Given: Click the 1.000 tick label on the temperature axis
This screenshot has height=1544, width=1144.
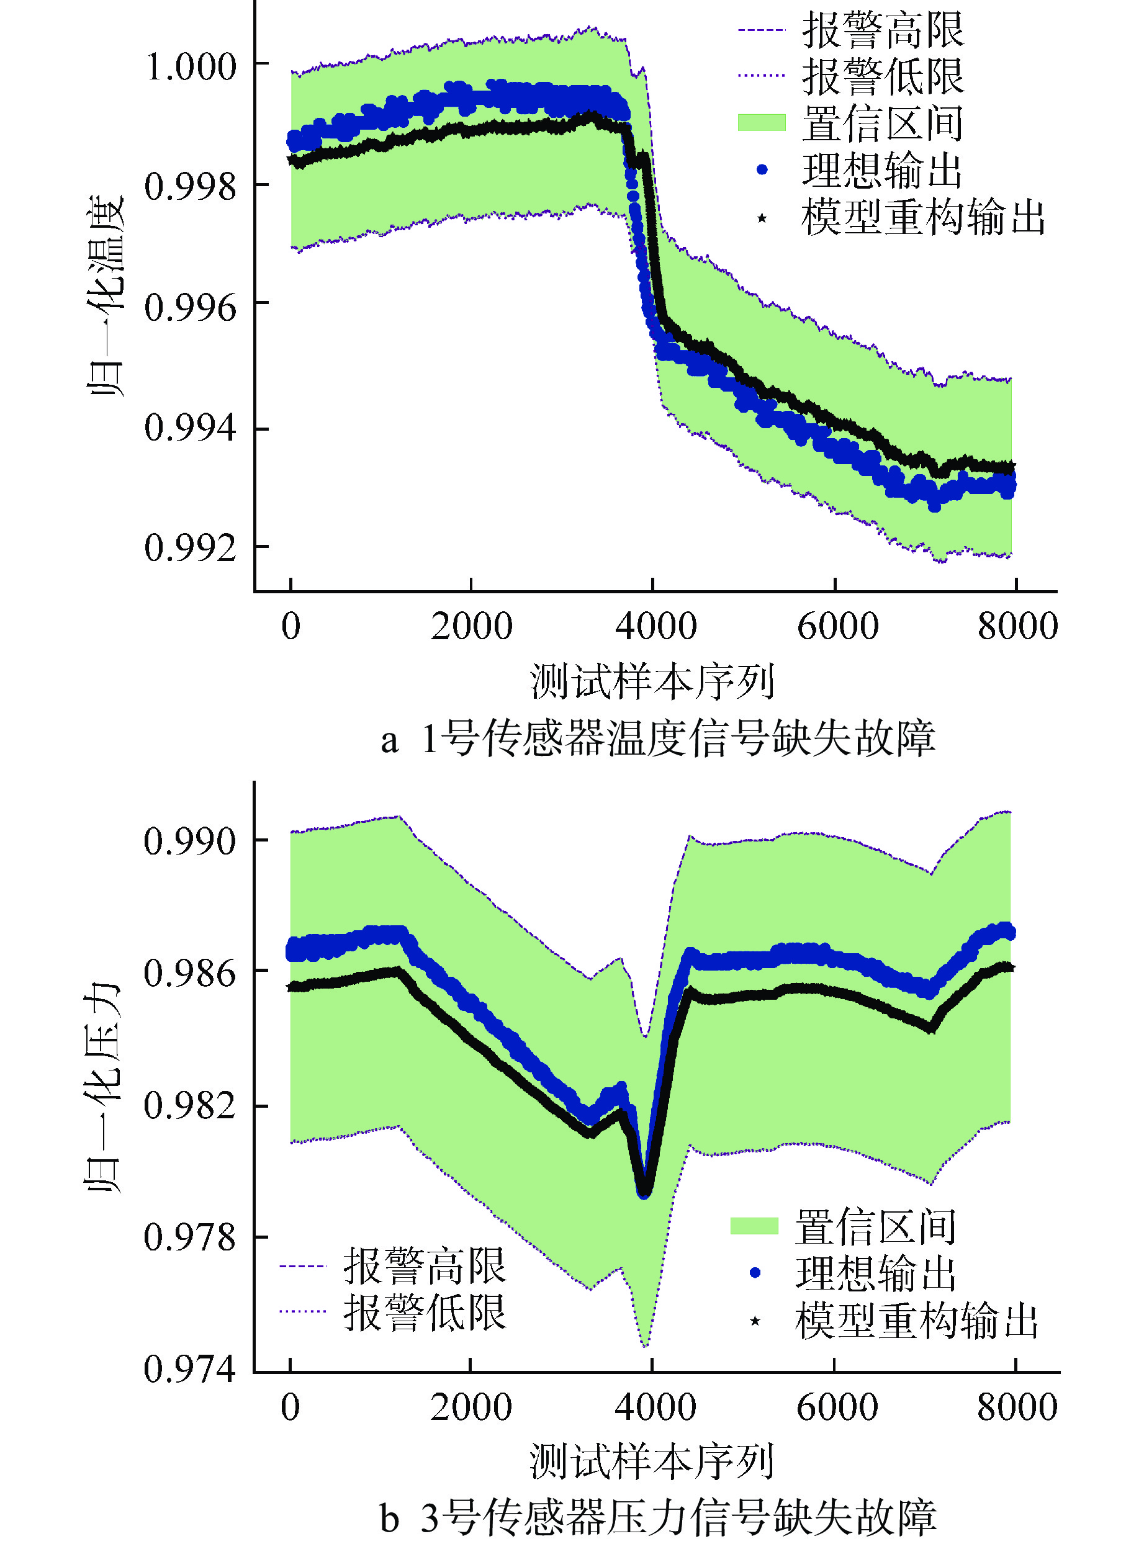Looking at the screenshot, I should (x=191, y=67).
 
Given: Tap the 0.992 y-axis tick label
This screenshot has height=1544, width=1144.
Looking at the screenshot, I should (x=191, y=548).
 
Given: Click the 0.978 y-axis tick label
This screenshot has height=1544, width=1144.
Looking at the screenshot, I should (x=191, y=1237).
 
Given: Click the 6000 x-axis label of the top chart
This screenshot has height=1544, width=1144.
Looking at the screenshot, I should (x=837, y=626).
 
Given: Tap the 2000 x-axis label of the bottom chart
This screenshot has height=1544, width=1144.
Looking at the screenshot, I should (x=471, y=1407).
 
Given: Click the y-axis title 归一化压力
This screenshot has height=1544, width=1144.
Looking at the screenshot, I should (x=103, y=1087).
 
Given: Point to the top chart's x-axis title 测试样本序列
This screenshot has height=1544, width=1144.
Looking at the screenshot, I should (x=652, y=681).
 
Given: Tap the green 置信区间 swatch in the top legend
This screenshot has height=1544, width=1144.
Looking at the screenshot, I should (x=762, y=122).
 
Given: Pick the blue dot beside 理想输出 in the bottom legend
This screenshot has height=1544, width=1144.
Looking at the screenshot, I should (x=755, y=1273).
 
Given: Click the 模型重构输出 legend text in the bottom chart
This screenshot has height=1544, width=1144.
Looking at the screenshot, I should (x=916, y=1321).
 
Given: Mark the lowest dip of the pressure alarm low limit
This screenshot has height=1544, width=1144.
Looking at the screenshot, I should (x=646, y=1346).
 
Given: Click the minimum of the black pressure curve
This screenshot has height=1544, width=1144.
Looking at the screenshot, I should (x=645, y=1192).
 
